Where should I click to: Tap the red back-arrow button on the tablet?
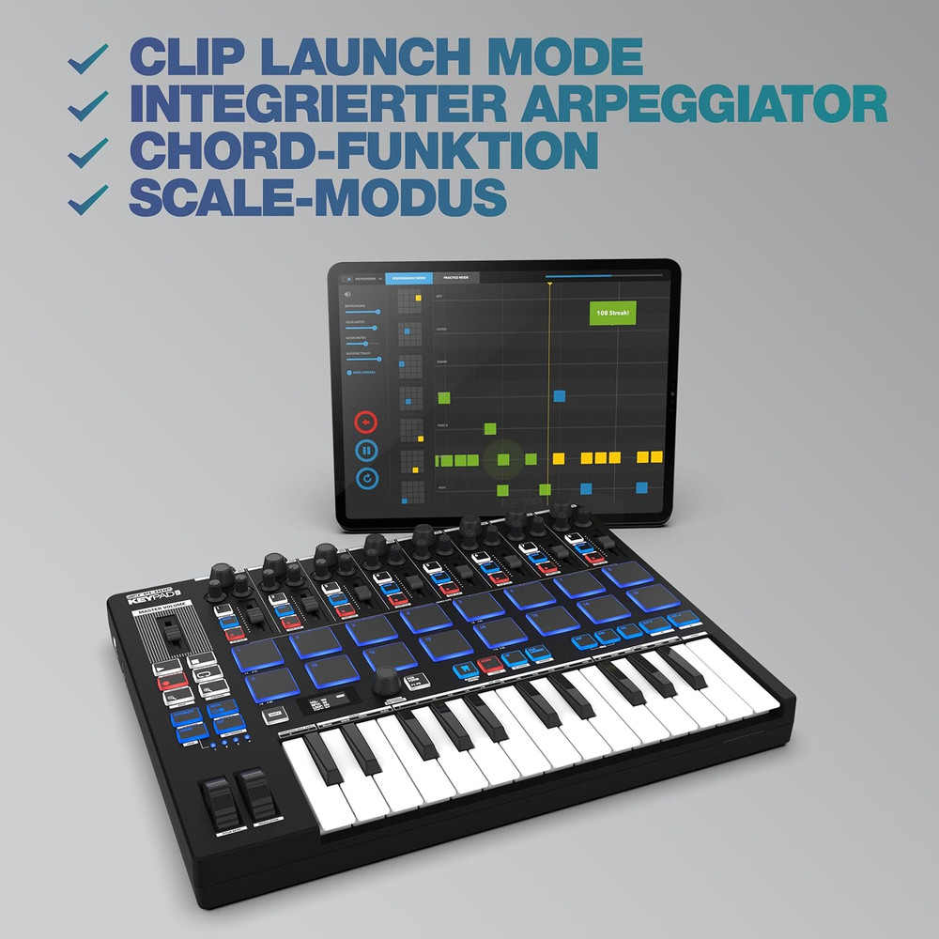[x=366, y=421]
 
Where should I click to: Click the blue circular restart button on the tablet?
[x=366, y=479]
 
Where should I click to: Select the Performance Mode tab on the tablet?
[x=408, y=278]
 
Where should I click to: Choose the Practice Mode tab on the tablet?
[x=456, y=278]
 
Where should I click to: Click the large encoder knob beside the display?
[x=385, y=683]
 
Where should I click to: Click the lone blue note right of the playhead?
[x=560, y=395]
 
